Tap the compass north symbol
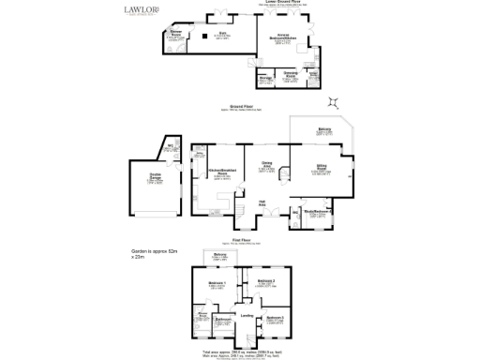[331, 102]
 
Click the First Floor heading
[246, 241]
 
